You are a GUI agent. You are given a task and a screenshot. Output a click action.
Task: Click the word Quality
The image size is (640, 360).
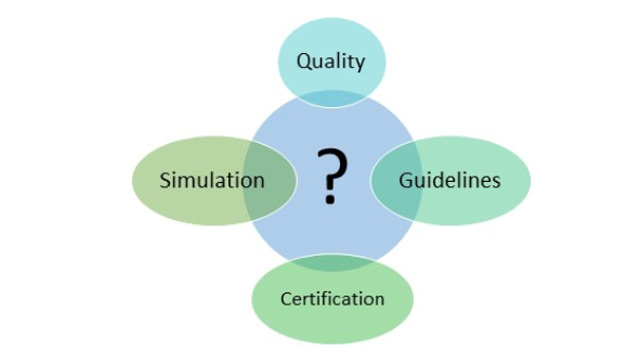click(x=330, y=61)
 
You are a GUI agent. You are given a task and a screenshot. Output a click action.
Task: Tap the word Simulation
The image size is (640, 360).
click(x=212, y=180)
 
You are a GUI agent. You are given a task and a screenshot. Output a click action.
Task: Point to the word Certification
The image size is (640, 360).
click(x=332, y=298)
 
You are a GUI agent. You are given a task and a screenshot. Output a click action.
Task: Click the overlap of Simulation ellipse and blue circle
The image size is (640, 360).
click(x=271, y=181)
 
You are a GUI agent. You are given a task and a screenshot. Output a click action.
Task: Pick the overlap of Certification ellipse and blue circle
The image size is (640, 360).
click(x=331, y=262)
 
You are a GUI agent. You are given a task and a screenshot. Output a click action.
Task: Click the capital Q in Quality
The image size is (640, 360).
click(x=303, y=61)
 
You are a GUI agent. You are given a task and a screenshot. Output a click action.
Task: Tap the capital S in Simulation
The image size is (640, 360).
click(x=165, y=180)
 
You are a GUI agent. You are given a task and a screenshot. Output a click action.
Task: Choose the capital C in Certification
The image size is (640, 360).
click(x=285, y=298)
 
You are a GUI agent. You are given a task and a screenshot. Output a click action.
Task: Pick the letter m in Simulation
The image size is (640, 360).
click(x=186, y=181)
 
